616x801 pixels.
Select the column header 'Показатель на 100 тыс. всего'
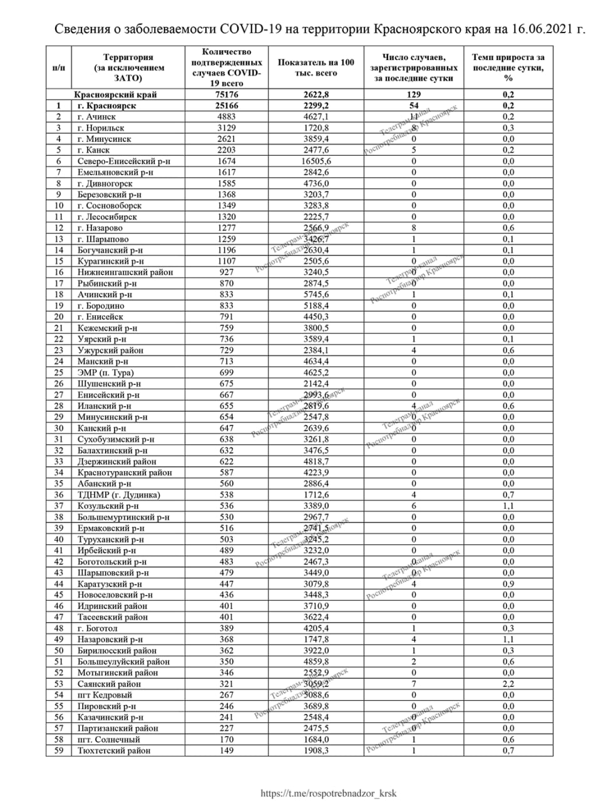click(x=316, y=68)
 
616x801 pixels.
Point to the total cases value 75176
click(x=227, y=94)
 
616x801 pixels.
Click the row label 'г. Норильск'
click(x=101, y=128)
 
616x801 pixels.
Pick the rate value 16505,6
click(x=316, y=161)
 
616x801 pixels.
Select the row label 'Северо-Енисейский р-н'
click(x=124, y=161)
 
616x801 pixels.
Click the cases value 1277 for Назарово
click(x=227, y=228)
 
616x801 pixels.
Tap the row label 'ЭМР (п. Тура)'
click(x=106, y=372)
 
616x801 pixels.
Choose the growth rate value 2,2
click(x=508, y=683)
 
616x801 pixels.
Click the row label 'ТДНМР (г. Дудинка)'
click(x=119, y=494)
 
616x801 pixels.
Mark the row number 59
click(x=59, y=750)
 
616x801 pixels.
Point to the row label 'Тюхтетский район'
click(x=114, y=750)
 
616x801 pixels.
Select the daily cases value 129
click(x=414, y=94)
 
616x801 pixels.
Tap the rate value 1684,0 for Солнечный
click(x=316, y=739)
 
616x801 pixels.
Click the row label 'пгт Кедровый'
click(x=105, y=695)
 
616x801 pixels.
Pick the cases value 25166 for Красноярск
click(x=227, y=106)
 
